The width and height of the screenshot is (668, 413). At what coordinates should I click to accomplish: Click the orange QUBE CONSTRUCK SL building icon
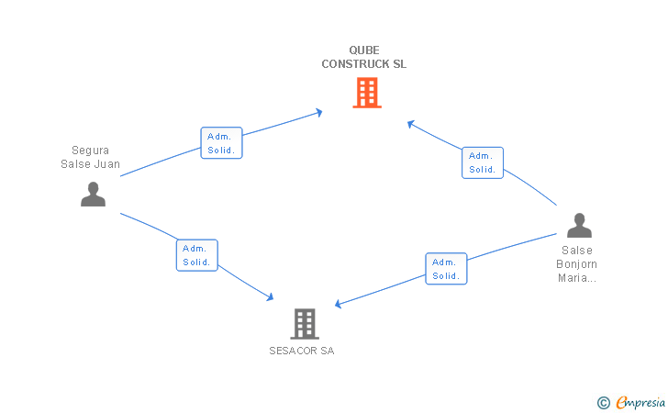tap(366, 93)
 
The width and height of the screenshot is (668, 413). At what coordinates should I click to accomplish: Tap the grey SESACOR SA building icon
tap(304, 323)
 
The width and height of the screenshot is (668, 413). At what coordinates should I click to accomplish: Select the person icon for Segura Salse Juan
tap(93, 194)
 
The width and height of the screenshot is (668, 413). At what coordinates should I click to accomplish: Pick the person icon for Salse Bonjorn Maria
tap(578, 225)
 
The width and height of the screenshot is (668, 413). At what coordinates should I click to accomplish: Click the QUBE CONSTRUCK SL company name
tap(363, 57)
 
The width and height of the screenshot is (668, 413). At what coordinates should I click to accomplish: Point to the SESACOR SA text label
tap(302, 351)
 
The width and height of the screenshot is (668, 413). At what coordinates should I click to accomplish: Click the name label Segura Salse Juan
tap(90, 158)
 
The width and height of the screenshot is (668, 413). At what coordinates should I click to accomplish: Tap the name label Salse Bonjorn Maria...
tap(577, 264)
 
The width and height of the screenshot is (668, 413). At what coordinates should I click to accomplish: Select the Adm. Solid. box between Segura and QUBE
tap(221, 143)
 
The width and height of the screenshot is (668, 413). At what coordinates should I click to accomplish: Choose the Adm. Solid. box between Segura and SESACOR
tap(196, 255)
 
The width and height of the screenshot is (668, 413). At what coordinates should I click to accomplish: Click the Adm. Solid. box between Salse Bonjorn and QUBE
tap(482, 162)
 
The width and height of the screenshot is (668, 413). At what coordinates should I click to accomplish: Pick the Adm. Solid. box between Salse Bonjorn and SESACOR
tap(446, 269)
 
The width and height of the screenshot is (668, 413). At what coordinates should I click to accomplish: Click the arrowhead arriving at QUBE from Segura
tap(319, 112)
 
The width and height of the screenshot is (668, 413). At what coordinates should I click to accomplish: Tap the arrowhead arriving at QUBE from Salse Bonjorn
tap(411, 123)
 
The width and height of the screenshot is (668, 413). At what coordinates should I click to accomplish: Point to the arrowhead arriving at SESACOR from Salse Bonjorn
tap(339, 305)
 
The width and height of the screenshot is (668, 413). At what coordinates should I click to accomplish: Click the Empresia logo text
tap(640, 401)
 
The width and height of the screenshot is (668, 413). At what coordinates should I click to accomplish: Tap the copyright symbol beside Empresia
tap(603, 402)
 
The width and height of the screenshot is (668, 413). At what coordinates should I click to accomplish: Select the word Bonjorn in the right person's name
tap(577, 264)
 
